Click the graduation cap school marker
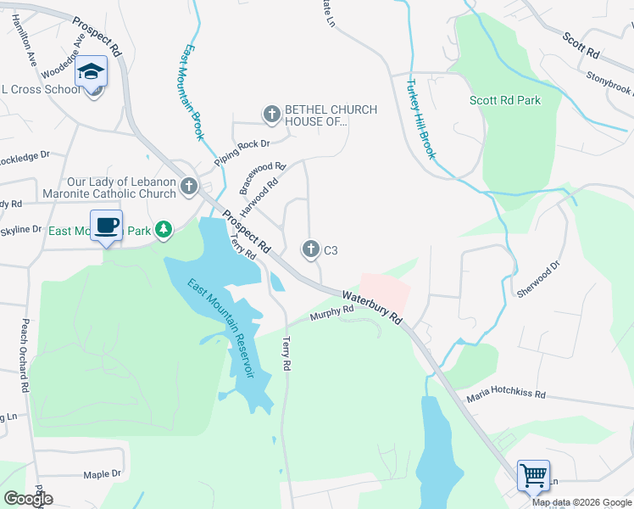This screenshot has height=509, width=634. [x=92, y=72]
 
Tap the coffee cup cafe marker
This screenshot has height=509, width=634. [x=106, y=226]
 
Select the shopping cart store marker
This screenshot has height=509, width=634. [x=533, y=475]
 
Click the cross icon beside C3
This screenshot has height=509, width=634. [x=310, y=249]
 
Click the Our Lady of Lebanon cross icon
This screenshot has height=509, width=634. [x=188, y=186]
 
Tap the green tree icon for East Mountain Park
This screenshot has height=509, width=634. [x=163, y=230]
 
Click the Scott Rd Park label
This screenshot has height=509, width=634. [x=505, y=100]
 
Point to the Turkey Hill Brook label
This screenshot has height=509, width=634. [x=421, y=119]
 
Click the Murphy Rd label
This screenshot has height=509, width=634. [x=331, y=313]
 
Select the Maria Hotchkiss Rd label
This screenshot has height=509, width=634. [x=504, y=395]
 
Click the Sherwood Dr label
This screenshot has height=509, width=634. [x=538, y=279]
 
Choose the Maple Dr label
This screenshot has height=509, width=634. [x=103, y=473]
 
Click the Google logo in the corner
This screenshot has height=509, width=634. [x=27, y=499]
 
